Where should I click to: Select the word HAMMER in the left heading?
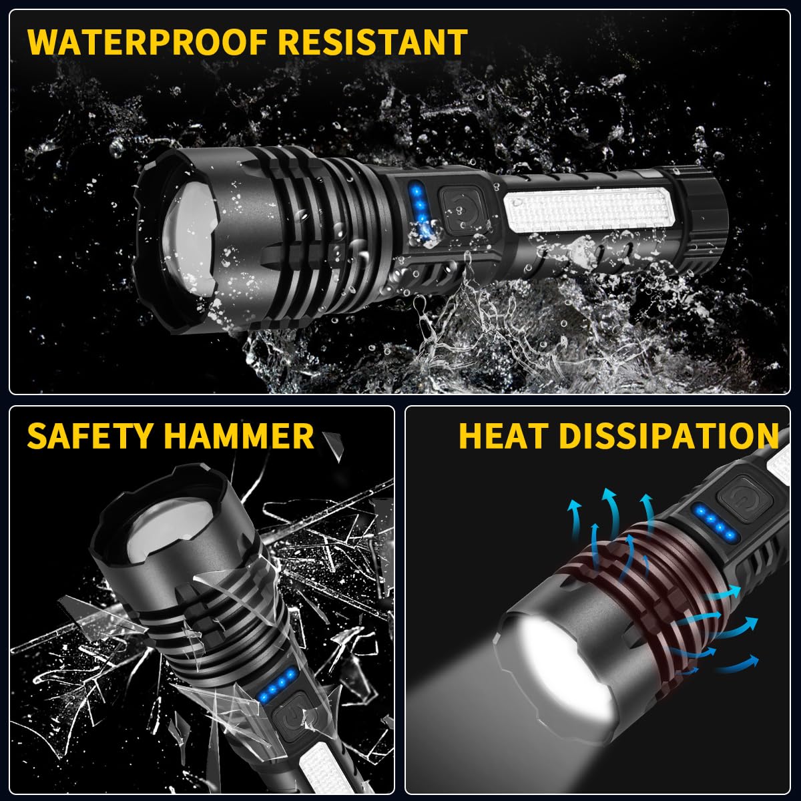[238, 436]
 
